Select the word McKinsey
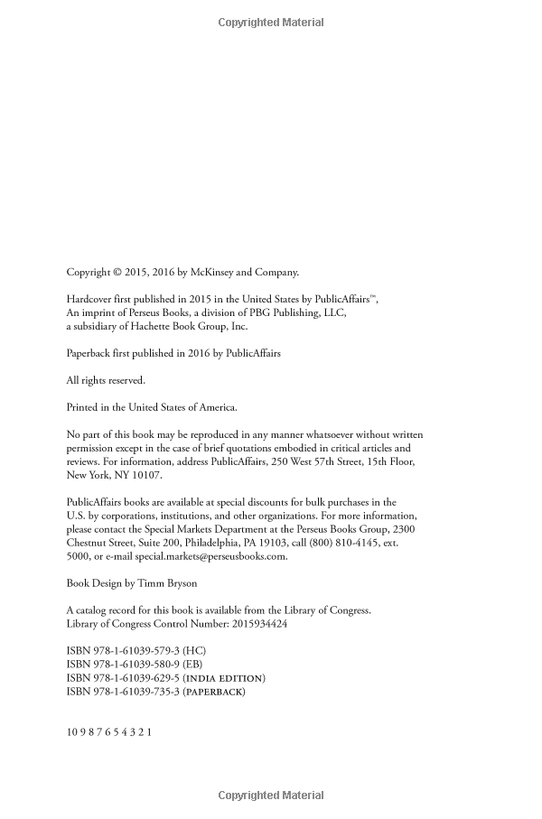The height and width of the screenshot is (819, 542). [203, 272]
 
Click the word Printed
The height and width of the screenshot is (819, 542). [84, 407]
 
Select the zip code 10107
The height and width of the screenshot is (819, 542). [146, 475]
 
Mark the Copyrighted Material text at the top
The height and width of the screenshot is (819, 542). [271, 23]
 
